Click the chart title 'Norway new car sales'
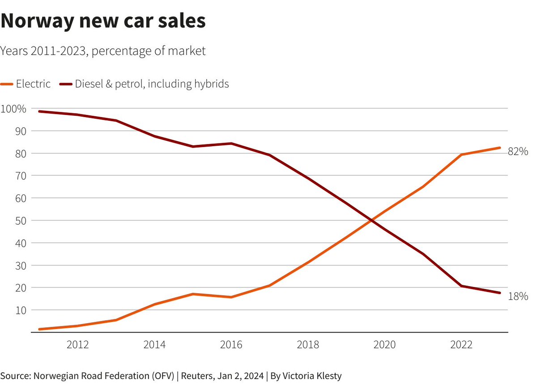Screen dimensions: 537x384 (103, 21)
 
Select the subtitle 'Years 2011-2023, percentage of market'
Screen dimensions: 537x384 (102, 51)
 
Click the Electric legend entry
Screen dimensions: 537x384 (25, 84)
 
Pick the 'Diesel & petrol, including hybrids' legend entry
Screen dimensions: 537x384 (144, 84)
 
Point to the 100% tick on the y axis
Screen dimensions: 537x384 (13, 109)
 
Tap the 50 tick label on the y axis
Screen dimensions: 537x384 (21, 221)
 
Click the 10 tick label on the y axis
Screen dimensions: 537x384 (21, 310)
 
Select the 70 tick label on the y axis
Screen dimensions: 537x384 (21, 176)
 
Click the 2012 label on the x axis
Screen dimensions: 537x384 (78, 345)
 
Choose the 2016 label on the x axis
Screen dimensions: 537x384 (231, 345)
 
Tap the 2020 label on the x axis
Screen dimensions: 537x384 (384, 345)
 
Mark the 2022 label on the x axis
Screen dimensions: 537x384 (461, 345)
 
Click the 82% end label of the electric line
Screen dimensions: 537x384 (518, 152)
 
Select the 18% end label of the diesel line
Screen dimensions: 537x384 (518, 296)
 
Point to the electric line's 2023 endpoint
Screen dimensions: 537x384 (499, 148)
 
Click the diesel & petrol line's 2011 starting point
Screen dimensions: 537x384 (39, 111)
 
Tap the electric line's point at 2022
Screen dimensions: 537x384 (461, 155)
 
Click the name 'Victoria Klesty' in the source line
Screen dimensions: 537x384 (312, 376)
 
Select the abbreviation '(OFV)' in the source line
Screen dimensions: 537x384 (163, 376)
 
